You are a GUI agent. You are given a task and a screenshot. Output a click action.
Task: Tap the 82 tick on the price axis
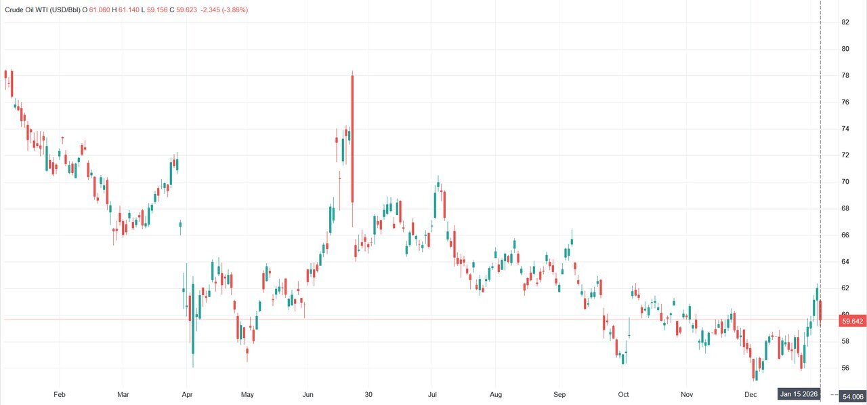[845, 22]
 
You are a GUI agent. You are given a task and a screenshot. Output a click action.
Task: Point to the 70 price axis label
[845, 182]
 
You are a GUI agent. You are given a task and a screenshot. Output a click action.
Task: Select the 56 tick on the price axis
[845, 368]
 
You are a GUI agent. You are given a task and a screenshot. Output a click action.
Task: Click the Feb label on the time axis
[59, 394]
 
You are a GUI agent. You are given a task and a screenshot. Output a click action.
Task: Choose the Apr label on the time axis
[187, 394]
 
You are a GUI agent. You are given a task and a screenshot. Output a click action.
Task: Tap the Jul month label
[432, 394]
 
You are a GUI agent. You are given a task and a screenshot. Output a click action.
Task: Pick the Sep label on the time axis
[559, 394]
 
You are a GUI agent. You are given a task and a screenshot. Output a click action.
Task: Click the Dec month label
[750, 394]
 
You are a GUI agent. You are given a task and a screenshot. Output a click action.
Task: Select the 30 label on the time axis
[368, 394]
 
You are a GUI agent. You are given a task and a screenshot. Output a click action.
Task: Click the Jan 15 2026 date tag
[799, 394]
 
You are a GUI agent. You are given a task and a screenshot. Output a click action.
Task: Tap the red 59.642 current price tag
[852, 321]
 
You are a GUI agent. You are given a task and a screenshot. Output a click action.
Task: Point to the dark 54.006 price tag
[852, 396]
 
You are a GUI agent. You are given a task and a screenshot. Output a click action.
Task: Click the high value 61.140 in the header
[129, 10]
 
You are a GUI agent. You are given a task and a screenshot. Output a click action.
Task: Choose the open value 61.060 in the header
[100, 10]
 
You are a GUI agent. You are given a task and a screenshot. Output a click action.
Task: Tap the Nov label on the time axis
[687, 394]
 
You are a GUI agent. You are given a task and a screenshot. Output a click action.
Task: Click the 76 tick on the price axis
[845, 102]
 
